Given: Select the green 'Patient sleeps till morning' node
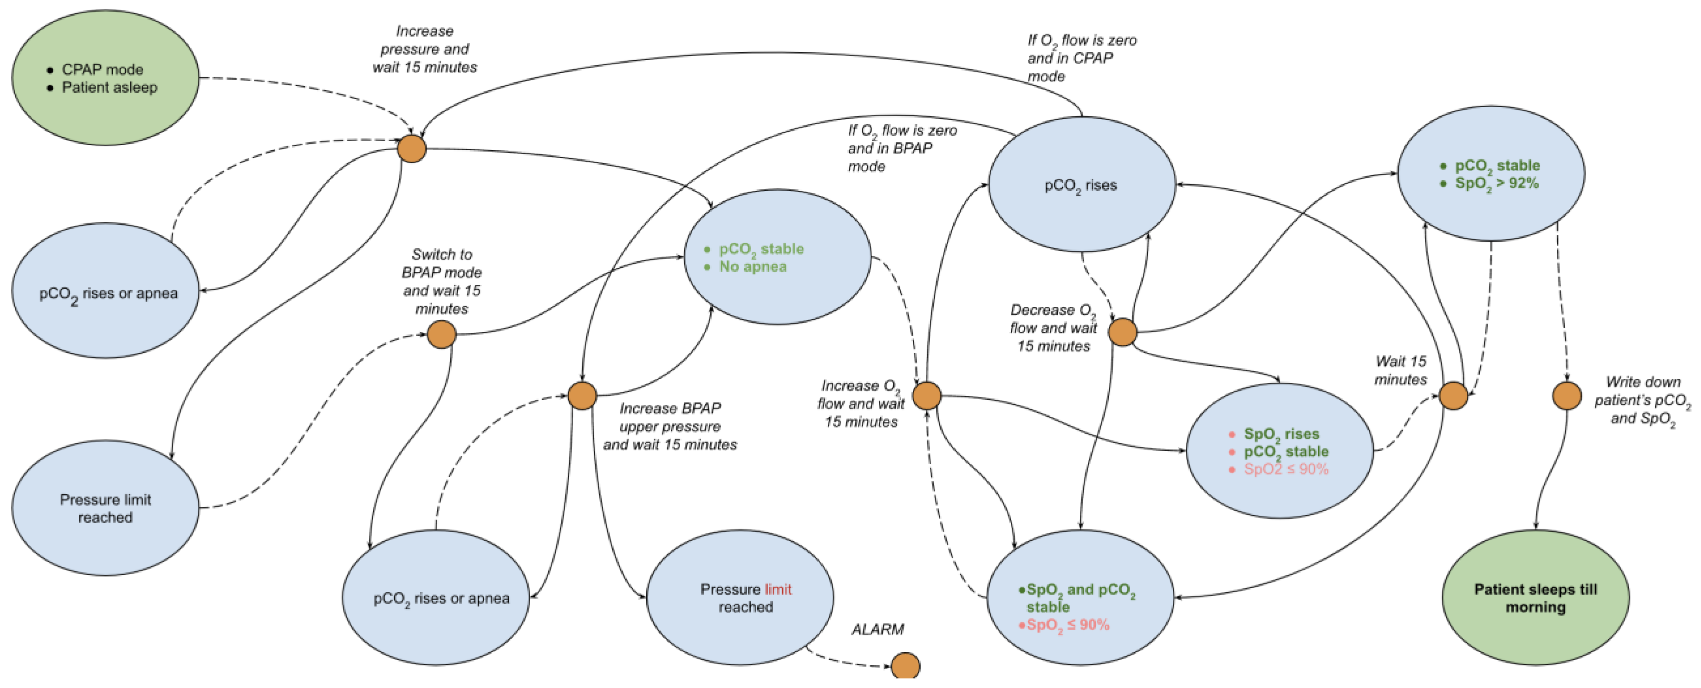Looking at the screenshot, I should (x=1535, y=597).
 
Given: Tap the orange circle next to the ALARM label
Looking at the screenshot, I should (x=905, y=665).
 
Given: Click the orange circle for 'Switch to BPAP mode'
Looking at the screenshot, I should (x=441, y=334).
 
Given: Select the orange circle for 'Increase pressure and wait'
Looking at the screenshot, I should (x=412, y=148).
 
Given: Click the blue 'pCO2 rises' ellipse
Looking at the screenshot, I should (x=1081, y=185).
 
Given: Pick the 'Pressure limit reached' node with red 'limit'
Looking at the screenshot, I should (x=739, y=597).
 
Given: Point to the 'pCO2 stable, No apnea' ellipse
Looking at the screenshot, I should (x=778, y=257).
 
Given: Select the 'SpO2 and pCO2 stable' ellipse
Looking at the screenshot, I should (x=1080, y=597).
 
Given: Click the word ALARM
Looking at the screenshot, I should (x=877, y=629).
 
